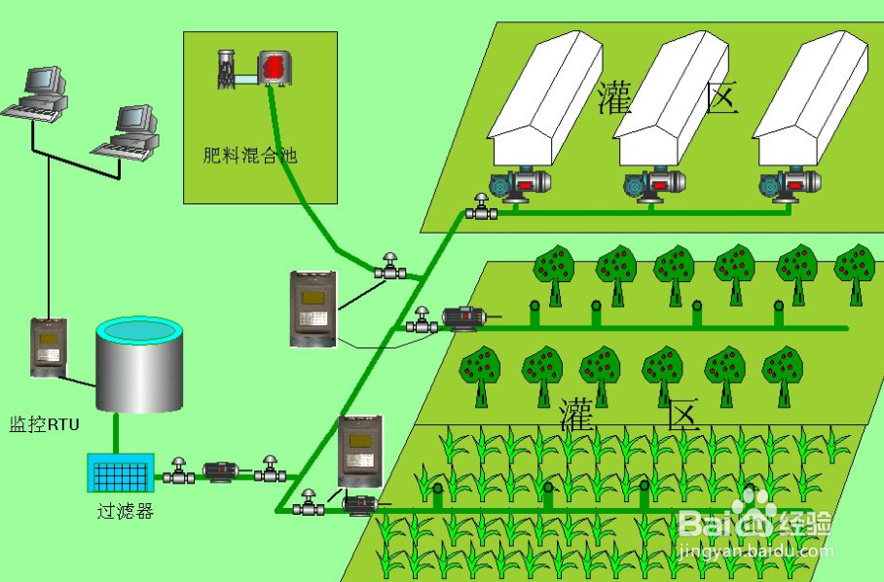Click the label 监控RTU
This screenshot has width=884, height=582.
click(44, 425)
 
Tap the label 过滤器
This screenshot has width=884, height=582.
click(125, 511)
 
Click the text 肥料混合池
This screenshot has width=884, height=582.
click(248, 155)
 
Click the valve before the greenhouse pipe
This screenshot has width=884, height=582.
click(480, 208)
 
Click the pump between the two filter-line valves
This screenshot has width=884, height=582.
click(221, 472)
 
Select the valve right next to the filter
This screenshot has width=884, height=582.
click(178, 471)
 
